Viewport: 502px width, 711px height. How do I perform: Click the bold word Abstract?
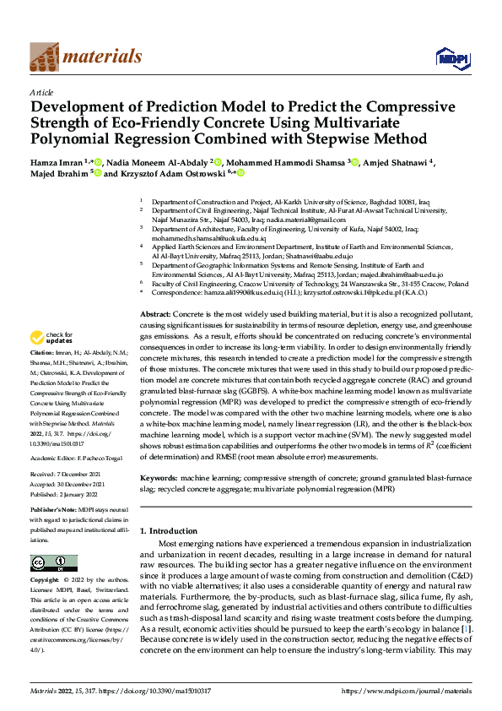[154, 312]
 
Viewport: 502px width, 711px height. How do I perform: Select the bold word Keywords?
[158, 478]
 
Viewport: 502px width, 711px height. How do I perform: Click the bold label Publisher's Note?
[53, 512]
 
